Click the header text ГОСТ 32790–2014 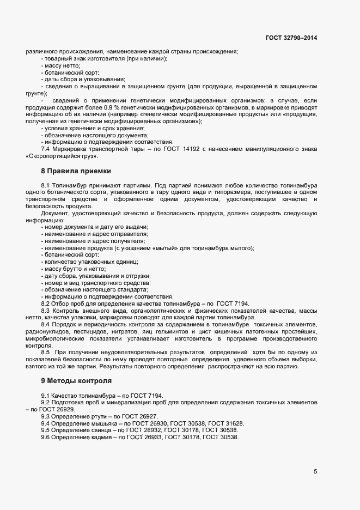(x=291, y=38)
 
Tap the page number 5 (x=315, y=471)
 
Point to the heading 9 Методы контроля (x=77, y=379)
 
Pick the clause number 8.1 (x=46, y=186)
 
